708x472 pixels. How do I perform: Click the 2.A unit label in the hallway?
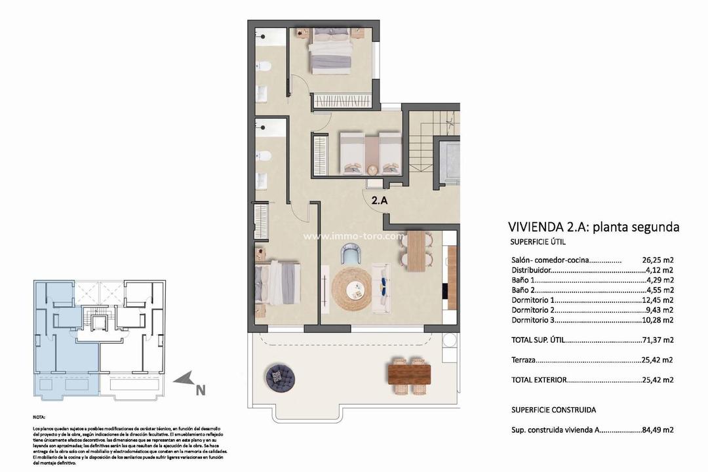[380, 201]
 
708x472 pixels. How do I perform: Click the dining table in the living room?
[415, 251]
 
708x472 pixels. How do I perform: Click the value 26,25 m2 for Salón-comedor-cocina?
[657, 260]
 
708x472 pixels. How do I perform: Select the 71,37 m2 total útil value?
[657, 340]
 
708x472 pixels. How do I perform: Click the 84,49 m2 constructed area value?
[657, 430]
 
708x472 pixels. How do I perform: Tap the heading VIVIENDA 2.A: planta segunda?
[593, 227]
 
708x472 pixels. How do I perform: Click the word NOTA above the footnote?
[39, 417]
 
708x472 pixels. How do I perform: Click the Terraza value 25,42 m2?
[657, 360]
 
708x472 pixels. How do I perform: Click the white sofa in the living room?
[381, 282]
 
